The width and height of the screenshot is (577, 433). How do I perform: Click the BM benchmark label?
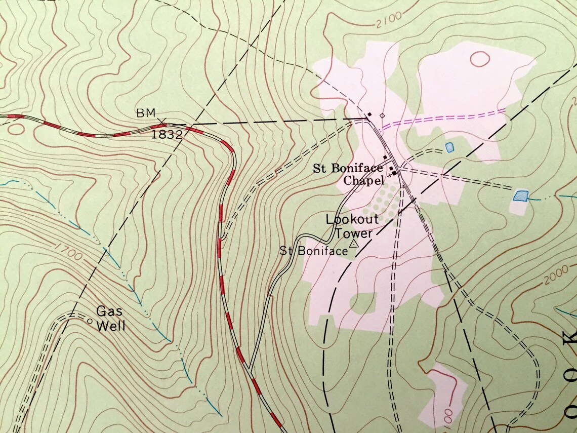(144, 113)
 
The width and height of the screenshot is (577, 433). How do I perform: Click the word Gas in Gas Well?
(107, 311)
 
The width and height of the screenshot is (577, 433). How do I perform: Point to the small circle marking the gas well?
(90, 321)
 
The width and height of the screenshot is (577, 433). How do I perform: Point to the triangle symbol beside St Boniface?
(353, 244)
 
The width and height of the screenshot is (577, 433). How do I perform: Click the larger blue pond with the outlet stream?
(520, 195)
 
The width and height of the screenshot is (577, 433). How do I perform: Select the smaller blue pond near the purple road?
(449, 147)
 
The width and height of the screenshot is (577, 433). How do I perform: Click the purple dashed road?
(445, 117)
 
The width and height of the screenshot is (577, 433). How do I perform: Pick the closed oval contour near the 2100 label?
(479, 59)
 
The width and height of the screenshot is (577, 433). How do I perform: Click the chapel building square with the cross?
(394, 174)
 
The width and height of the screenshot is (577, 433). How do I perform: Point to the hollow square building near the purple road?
(382, 115)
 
